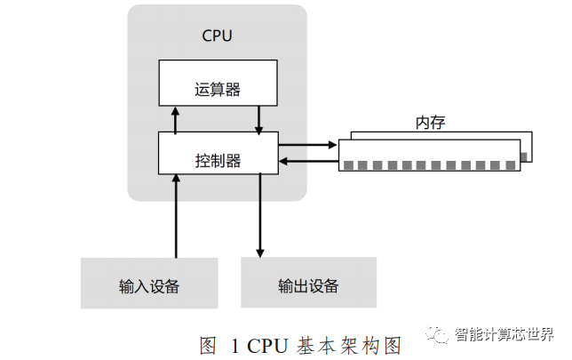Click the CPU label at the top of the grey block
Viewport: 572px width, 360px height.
[217, 36]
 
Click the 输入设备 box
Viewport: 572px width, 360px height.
[149, 284]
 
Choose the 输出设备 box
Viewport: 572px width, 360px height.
[308, 284]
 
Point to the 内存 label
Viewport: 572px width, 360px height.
[430, 123]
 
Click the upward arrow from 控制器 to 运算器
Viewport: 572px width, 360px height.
[176, 118]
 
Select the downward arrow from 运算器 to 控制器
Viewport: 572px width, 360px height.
[259, 118]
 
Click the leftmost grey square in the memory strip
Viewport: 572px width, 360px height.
[348, 165]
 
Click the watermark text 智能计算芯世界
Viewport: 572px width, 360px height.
[503, 335]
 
